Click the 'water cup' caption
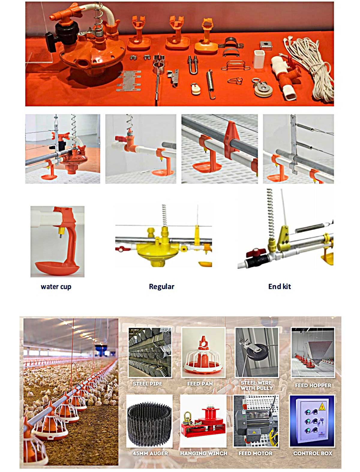click(x=56, y=287)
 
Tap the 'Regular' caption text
click(x=161, y=287)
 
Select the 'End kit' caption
click(x=279, y=287)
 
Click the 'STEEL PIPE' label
click(x=147, y=384)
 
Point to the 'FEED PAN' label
click(x=200, y=384)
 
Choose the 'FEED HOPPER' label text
click(x=313, y=385)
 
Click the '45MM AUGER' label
click(x=150, y=453)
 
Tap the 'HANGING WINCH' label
click(x=204, y=453)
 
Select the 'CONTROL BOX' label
click(x=313, y=453)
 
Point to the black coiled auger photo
click(x=149, y=423)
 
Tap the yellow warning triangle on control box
click(x=322, y=407)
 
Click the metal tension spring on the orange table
click(x=211, y=84)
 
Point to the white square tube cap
click(x=259, y=59)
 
